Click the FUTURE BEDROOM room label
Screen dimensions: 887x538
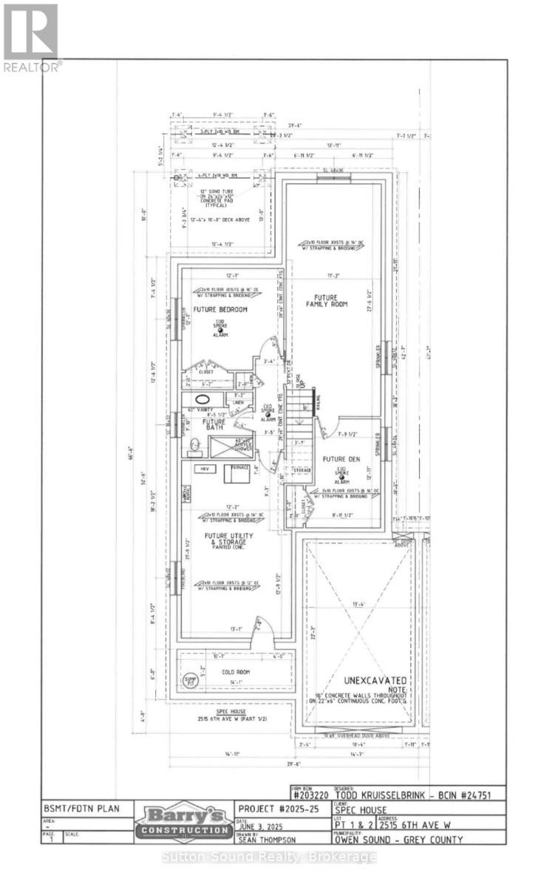pyautogui.click(x=220, y=309)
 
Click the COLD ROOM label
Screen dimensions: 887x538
pyautogui.click(x=236, y=672)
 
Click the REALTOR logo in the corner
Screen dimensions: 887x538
pyautogui.click(x=31, y=37)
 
